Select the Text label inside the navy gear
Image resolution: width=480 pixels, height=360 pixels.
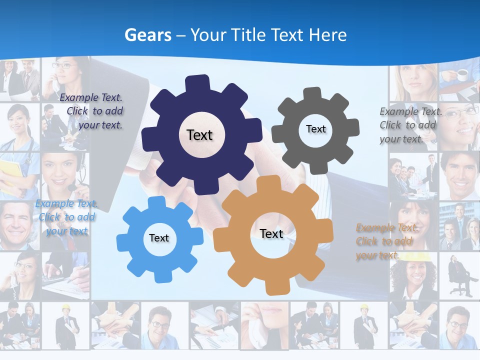(199, 135)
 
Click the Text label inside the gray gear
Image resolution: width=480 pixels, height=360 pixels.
(315, 129)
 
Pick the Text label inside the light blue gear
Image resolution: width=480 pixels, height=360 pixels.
(158, 238)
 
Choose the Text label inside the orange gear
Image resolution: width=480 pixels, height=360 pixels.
(271, 233)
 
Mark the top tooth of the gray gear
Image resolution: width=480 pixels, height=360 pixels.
(312, 94)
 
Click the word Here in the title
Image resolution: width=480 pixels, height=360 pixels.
(328, 35)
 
